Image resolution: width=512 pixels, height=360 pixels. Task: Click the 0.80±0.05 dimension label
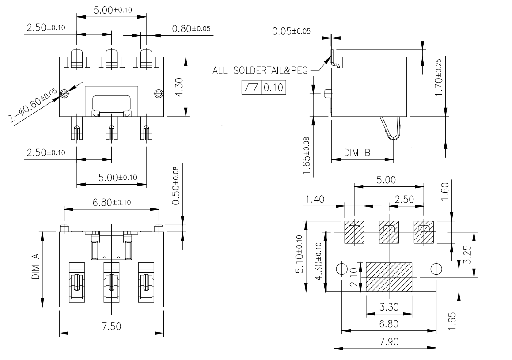pyautogui.click(x=191, y=29)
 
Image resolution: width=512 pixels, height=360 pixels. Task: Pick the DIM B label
pyautogui.click(x=357, y=153)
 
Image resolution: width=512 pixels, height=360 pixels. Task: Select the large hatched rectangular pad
pyautogui.click(x=389, y=277)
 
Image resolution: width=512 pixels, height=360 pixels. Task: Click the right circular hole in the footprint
pyautogui.click(x=436, y=269)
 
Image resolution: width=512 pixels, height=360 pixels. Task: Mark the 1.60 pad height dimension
pyautogui.click(x=444, y=191)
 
